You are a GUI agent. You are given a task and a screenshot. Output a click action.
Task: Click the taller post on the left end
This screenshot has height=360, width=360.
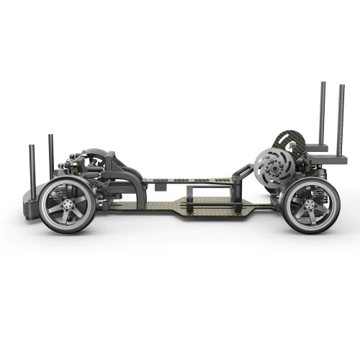(50, 155)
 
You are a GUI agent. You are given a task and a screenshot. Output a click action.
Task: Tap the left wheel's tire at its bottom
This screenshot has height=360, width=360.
(67, 230)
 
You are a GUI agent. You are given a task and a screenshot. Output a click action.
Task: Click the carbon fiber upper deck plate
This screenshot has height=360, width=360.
(187, 181)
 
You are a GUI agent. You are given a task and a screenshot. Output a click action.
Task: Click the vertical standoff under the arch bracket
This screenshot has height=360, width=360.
(140, 192)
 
